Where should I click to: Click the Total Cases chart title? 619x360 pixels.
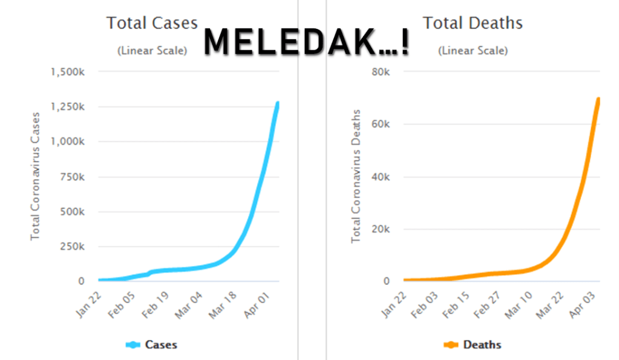click(152, 23)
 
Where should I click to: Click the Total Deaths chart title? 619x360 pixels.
click(473, 23)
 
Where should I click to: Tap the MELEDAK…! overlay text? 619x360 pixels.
click(306, 42)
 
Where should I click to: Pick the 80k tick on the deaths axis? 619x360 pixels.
click(382, 72)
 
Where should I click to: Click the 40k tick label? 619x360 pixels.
click(382, 177)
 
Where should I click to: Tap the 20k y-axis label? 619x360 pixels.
click(382, 229)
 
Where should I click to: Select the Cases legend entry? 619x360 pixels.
click(152, 345)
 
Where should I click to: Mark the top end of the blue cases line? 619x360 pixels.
click(278, 104)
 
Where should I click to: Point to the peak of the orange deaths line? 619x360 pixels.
click(598, 99)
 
